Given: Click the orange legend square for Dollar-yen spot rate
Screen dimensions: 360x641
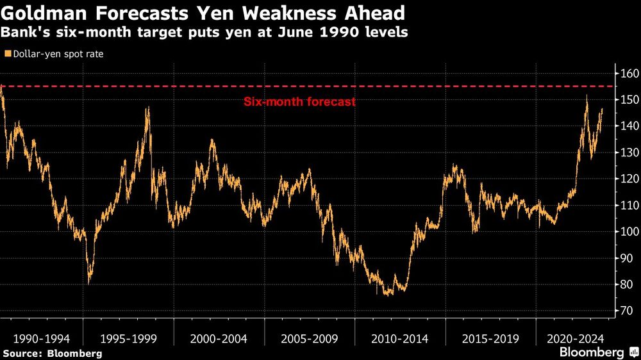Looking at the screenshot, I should pyautogui.click(x=7, y=54).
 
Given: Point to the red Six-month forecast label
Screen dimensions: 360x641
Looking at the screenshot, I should pyautogui.click(x=299, y=102).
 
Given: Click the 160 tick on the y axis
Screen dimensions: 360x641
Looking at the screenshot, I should pyautogui.click(x=628, y=74).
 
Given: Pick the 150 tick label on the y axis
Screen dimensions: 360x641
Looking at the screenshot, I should pyautogui.click(x=628, y=100).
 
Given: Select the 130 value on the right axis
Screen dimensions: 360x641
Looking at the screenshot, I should pyautogui.click(x=628, y=152).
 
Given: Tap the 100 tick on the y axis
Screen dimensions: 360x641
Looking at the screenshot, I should pyautogui.click(x=628, y=231).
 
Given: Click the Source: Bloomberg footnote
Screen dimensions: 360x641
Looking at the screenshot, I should pyautogui.click(x=52, y=353).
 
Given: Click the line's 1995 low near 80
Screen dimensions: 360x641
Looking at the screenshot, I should pyautogui.click(x=89, y=282).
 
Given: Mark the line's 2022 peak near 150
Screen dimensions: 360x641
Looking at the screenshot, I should pyautogui.click(x=586, y=97).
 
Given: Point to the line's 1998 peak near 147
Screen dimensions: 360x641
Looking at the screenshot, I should pyautogui.click(x=148, y=108).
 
